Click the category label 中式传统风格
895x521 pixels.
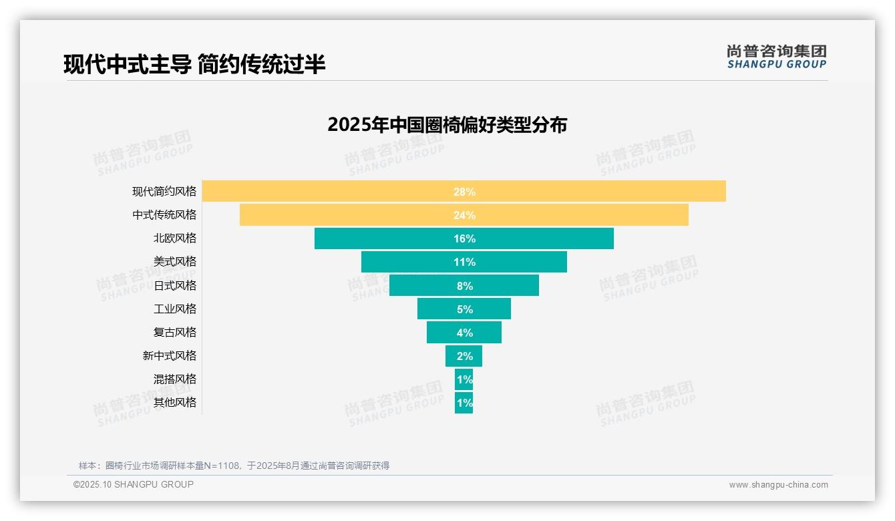[x=164, y=215]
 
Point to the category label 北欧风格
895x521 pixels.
[x=175, y=238]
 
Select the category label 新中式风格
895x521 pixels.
[x=170, y=356]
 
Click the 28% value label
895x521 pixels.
[x=464, y=192]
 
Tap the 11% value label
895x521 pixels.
[x=464, y=262]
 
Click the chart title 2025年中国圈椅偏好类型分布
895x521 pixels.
[x=447, y=125]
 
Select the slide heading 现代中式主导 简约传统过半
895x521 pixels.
[x=194, y=64]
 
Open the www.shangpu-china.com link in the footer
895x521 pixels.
[x=778, y=485]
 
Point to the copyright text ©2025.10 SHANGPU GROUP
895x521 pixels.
[x=134, y=484]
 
